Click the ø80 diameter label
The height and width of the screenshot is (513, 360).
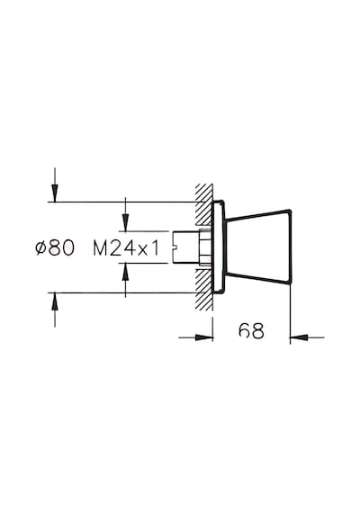(x=55, y=247)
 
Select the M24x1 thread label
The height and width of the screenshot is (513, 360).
(x=126, y=247)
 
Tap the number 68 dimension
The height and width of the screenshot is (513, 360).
(x=251, y=331)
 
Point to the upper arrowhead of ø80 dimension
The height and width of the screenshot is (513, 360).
(x=55, y=193)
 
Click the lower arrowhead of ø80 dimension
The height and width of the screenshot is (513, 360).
(x=55, y=301)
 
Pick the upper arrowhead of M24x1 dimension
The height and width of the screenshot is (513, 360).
(x=125, y=222)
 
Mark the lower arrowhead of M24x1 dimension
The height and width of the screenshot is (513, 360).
(x=125, y=271)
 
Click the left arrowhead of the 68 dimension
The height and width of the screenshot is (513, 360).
(x=204, y=337)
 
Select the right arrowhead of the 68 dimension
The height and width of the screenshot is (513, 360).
(x=299, y=337)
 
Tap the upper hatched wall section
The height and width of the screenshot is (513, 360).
(x=204, y=204)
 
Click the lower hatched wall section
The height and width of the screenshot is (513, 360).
(x=204, y=290)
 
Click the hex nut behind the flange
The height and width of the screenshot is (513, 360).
(x=205, y=247)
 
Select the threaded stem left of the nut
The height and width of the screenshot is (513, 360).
(x=186, y=247)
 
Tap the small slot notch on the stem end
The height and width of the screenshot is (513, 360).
(x=174, y=247)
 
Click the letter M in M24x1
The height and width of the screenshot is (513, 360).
(x=100, y=247)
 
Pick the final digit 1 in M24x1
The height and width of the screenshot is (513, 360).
(x=156, y=247)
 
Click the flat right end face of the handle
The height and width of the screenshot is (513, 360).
(x=291, y=247)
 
